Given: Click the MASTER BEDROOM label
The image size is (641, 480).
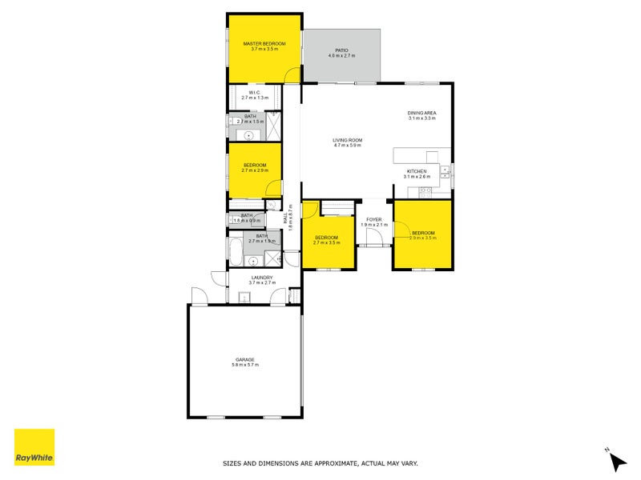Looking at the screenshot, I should tap(264, 43).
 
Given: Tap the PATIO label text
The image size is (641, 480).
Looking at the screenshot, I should tap(341, 50).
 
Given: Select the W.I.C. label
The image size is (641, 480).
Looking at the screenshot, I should tap(254, 92).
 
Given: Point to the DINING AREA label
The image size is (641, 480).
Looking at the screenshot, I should tap(421, 113).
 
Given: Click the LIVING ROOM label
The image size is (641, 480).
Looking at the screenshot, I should tap(348, 140).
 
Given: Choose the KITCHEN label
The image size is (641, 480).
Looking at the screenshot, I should tap(417, 170).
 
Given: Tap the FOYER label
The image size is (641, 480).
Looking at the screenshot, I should tap(374, 219).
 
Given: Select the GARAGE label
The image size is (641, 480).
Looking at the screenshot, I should tap(245, 359).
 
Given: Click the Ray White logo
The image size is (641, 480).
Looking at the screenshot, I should tap(34, 448).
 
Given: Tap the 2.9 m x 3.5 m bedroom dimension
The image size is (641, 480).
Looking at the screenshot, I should tap(422, 238).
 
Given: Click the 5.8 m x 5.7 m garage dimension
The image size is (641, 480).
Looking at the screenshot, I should tap(245, 365).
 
